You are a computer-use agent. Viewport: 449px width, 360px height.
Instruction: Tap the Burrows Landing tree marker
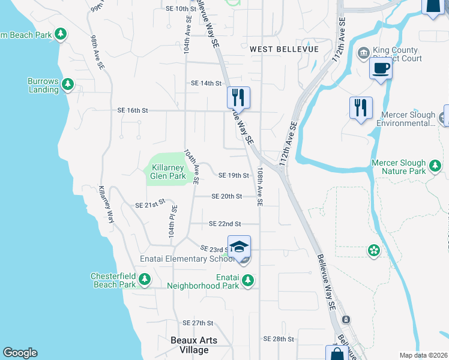click(x=68, y=84)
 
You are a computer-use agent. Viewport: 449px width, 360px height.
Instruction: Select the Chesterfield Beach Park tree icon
click(x=144, y=279)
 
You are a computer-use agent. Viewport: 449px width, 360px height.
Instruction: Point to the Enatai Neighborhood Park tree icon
click(x=247, y=280)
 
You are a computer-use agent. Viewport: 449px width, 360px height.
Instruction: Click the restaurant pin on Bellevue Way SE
click(x=238, y=97)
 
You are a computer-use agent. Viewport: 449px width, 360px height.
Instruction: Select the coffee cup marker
click(x=381, y=68)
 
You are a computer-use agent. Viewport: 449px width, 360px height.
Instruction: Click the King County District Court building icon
click(x=363, y=53)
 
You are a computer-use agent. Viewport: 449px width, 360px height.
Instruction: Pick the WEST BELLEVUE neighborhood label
click(x=284, y=49)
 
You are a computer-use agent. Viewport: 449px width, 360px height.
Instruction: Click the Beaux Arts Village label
click(x=193, y=346)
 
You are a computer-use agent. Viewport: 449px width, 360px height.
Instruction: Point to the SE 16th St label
click(x=133, y=110)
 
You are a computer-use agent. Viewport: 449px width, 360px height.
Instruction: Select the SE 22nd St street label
click(x=224, y=224)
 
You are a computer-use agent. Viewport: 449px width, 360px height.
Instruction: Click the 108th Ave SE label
click(x=260, y=187)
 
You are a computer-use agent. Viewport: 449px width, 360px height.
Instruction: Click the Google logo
click(x=20, y=353)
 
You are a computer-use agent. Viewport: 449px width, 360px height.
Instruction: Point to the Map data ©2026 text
click(x=423, y=355)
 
